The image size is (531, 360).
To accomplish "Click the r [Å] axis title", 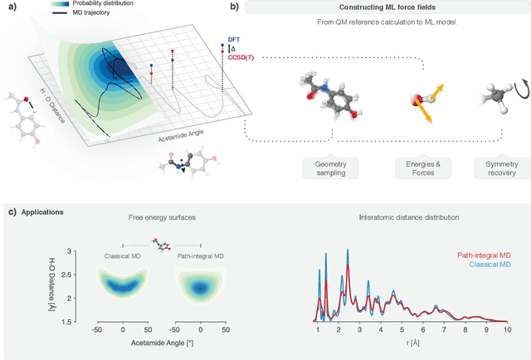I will (x=412, y=342).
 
